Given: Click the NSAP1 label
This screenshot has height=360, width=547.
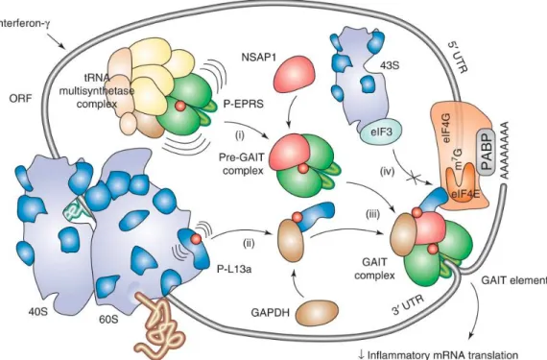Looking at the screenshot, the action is (x=259, y=57).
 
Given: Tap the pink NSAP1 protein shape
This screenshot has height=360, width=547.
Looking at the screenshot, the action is (x=295, y=75).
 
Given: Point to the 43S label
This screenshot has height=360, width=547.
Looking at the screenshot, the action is (x=390, y=65).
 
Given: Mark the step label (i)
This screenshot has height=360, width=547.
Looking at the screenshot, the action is (x=240, y=135).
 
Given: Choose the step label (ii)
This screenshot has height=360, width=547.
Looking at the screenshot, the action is (x=249, y=244).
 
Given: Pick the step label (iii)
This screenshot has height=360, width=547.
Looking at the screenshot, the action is (x=372, y=214).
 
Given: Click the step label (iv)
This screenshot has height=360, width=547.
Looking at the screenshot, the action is (x=388, y=172).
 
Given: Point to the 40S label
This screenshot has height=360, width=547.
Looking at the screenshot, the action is (x=37, y=311).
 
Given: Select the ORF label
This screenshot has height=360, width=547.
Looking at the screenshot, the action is (x=20, y=99).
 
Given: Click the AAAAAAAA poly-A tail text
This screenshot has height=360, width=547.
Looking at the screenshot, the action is (x=505, y=151).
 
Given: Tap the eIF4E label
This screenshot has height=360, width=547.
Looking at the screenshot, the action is (x=465, y=193).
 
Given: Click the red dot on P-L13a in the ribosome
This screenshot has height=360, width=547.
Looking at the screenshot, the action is (x=196, y=239).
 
